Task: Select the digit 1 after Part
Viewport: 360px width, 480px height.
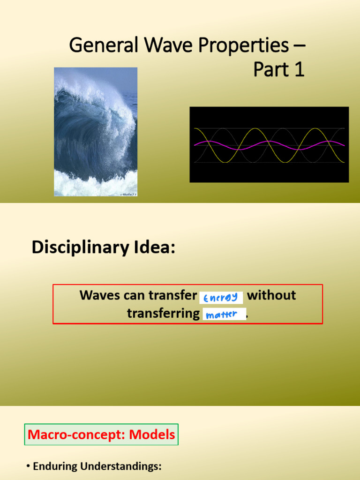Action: pyautogui.click(x=298, y=69)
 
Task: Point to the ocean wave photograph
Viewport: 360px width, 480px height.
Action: pyautogui.click(x=96, y=131)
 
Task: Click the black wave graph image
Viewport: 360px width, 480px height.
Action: pyautogui.click(x=269, y=144)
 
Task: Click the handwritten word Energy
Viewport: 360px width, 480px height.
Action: pyautogui.click(x=221, y=297)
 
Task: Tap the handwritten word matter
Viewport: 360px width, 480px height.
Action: pyautogui.click(x=223, y=315)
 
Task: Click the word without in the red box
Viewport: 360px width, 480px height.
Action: pyautogui.click(x=271, y=295)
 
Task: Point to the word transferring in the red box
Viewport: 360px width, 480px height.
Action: pyautogui.click(x=163, y=313)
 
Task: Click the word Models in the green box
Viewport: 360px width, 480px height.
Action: pyautogui.click(x=152, y=435)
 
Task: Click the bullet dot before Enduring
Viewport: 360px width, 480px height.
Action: pyautogui.click(x=28, y=466)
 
